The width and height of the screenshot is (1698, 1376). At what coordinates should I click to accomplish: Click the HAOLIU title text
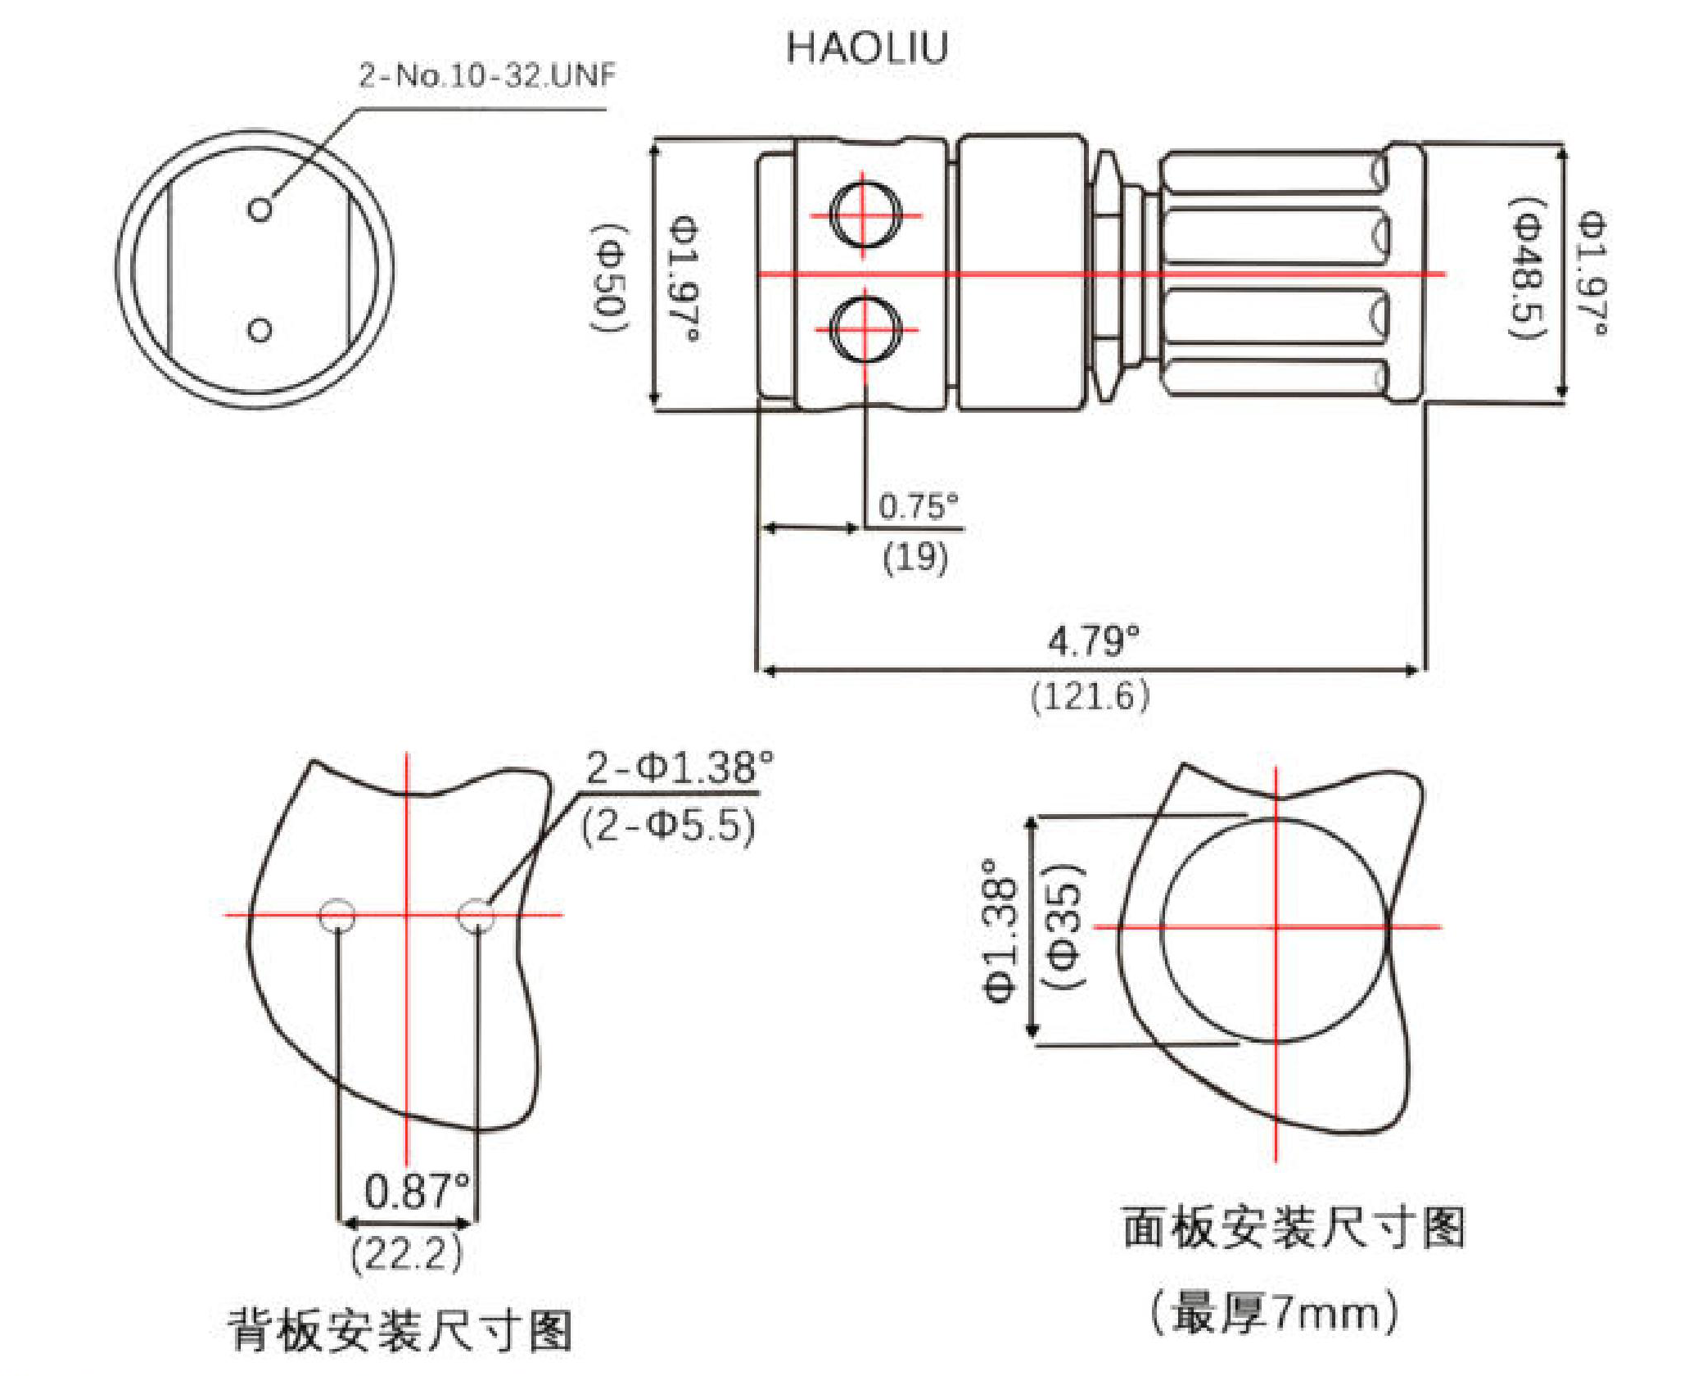866,48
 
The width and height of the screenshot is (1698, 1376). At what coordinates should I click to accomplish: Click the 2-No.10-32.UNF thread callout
486,75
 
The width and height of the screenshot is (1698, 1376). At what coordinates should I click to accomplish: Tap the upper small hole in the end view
260,210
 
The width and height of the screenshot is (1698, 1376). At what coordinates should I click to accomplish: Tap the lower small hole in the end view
260,330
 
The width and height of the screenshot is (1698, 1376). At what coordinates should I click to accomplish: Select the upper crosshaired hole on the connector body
865,215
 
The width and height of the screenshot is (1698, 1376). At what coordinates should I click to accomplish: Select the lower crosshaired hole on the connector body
865,329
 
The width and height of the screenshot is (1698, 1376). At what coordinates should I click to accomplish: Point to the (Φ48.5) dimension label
1528,267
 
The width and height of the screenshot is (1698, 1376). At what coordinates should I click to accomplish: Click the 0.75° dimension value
918,507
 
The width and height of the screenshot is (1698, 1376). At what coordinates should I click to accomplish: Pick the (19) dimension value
915,557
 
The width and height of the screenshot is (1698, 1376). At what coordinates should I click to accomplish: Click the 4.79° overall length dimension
1093,640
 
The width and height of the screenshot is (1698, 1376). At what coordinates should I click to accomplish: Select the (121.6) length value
1090,696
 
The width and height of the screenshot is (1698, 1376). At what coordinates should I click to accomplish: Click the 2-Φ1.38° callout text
679,768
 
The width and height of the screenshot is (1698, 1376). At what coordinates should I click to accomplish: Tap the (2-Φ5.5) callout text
668,826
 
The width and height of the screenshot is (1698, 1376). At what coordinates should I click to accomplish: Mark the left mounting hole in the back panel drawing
337,915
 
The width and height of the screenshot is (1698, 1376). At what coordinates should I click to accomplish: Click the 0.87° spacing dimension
417,1191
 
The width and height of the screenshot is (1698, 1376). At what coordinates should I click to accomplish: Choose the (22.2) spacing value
407,1253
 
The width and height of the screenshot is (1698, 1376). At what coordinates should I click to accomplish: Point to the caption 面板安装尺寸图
1293,1228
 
